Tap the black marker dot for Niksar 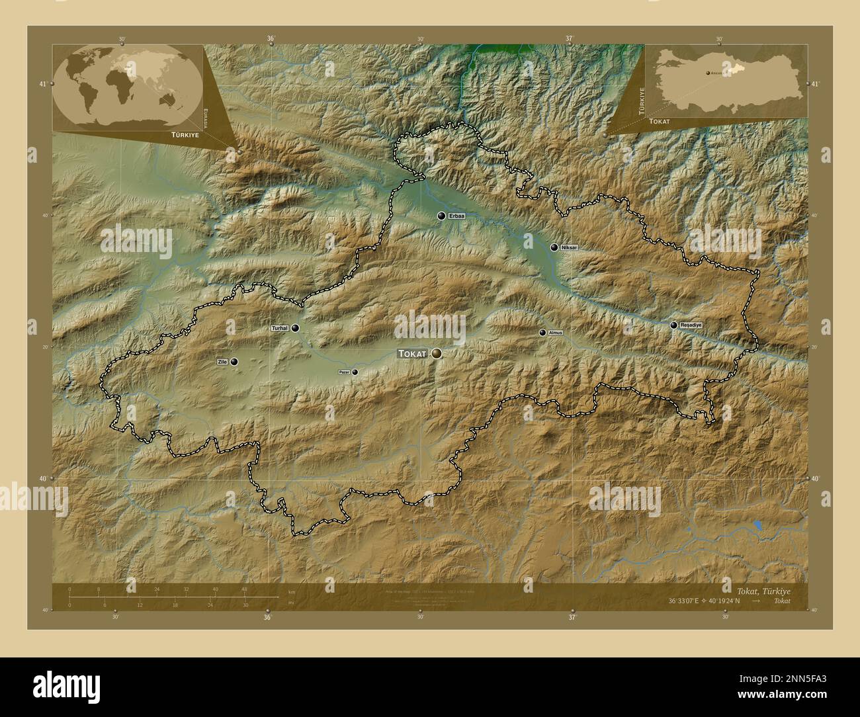(x=554, y=247)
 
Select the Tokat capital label (x=413, y=355)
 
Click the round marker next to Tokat (x=436, y=354)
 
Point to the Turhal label (x=280, y=328)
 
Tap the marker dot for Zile (x=234, y=362)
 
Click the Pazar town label (x=344, y=372)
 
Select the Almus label (x=555, y=333)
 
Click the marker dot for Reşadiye (x=673, y=325)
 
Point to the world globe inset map (x=127, y=87)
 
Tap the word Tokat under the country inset (x=660, y=122)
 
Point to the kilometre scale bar (x=159, y=597)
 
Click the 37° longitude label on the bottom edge (x=572, y=617)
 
